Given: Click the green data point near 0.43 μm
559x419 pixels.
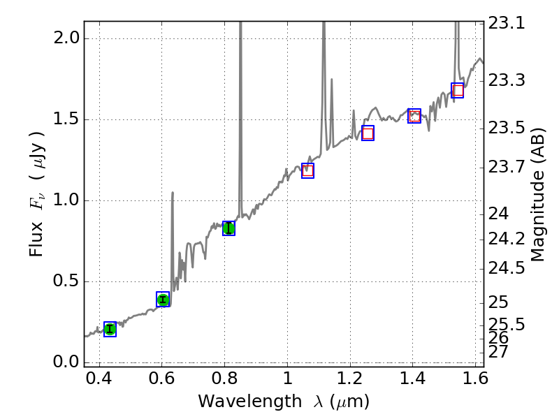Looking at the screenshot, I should coord(110,329).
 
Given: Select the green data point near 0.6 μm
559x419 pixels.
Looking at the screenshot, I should coord(163,300).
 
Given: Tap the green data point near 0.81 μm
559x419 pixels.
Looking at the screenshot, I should coord(228,228).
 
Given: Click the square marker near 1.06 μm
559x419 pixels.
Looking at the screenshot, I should coord(307,170).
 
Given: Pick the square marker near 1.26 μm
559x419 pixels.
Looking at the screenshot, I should coord(368,133).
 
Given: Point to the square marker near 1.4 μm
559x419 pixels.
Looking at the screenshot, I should coord(414,116).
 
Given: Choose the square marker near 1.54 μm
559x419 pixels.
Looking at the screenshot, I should coord(458,90).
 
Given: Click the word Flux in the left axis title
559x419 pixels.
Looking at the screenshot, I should coord(37,238).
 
